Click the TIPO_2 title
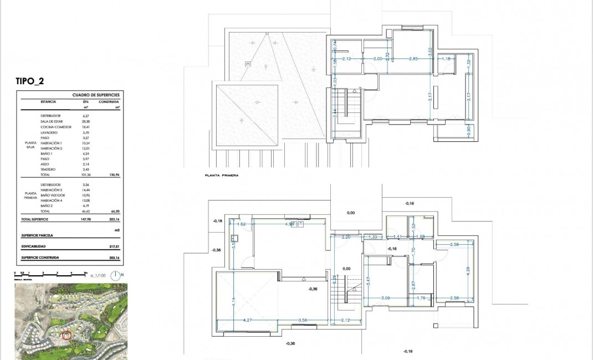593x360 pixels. pos(30,81)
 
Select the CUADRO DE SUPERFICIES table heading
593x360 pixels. pos(96,95)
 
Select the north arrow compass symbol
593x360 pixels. pos(115,275)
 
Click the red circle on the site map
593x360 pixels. pos(67,335)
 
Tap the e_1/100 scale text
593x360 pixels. pos(98,275)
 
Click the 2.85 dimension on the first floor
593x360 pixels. pos(413,59)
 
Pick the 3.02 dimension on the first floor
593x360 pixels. pos(430,53)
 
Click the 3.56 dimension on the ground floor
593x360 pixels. pos(302,320)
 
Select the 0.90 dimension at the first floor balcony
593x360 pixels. pos(468,130)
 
